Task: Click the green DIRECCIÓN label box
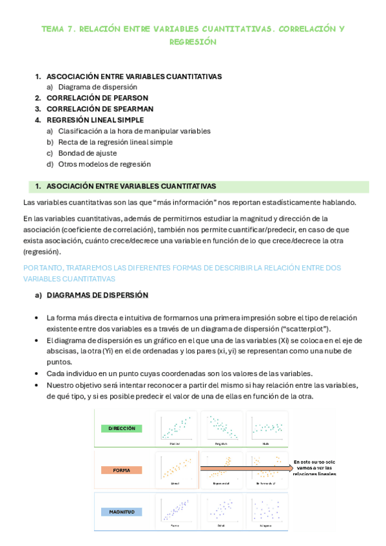[x=122, y=428]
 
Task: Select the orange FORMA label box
[x=122, y=470]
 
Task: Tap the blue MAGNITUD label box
[x=121, y=511]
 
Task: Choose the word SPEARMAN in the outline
[x=128, y=109]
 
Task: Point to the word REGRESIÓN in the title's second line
[x=193, y=42]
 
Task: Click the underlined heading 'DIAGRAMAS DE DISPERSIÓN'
[x=97, y=295]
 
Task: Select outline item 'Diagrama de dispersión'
[x=97, y=87]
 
